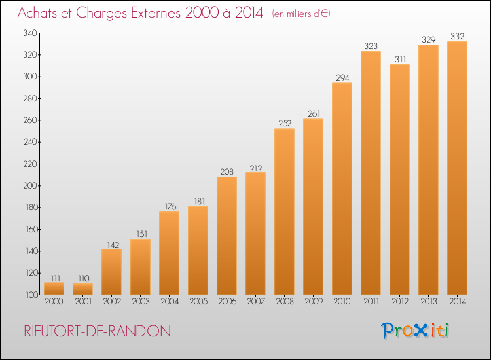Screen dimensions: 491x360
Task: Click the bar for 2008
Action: coord(284,211)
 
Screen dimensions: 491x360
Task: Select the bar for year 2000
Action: coord(54,288)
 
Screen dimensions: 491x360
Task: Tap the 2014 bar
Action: coord(457,168)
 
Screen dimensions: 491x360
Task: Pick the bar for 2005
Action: coord(198,251)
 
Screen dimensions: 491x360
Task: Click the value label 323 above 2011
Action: coord(371,46)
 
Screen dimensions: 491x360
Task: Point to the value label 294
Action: coord(342,78)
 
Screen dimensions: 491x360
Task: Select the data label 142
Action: coord(113,245)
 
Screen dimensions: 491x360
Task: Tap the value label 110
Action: coord(84,278)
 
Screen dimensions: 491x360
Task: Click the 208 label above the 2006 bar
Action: coord(227,172)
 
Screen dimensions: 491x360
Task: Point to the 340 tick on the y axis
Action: coord(30,33)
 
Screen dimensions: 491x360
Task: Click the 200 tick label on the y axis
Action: coord(30,186)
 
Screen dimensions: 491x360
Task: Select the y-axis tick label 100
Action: coord(31,295)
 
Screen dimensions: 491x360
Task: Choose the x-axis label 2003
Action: coord(141,302)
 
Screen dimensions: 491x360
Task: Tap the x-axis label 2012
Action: coord(400,302)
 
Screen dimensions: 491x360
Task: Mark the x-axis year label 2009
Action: coord(314,302)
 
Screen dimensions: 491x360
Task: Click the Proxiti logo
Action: coord(415,331)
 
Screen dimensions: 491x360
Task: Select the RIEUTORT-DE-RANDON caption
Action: coord(98,331)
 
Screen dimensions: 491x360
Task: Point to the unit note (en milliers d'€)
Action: coord(301,14)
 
